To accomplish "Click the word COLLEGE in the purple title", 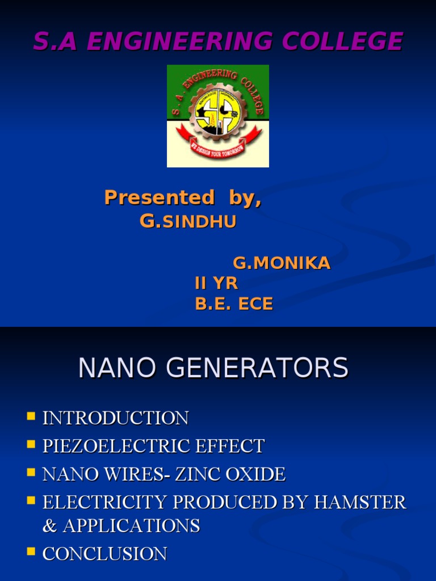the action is (342, 41).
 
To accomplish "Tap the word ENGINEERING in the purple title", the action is (180, 41).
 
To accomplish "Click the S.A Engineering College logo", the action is (218, 116).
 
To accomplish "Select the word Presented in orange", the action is (160, 197).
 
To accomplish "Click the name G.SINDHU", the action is (188, 221).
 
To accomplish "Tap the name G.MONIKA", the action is (282, 263).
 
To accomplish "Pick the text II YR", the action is (216, 284).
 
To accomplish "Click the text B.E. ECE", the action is (234, 304).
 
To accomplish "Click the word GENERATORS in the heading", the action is (257, 368).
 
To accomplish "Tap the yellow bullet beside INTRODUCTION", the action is (31, 416).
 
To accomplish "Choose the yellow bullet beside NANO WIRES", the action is (31, 472).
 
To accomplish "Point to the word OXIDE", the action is (255, 474).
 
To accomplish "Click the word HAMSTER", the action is (360, 502).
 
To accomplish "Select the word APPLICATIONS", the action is (132, 526).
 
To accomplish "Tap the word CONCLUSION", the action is (104, 554).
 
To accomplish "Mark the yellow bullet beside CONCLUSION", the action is (31, 551).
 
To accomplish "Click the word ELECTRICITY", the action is (104, 502).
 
